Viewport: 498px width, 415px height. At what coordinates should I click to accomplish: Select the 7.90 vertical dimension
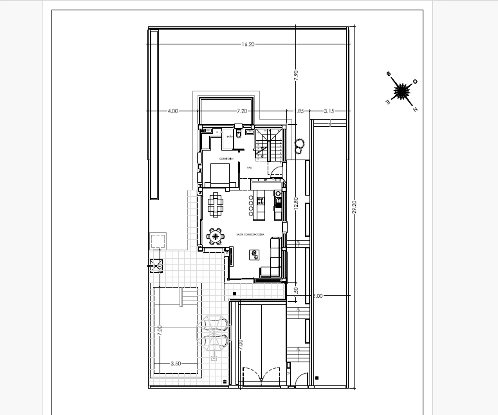tap(296, 74)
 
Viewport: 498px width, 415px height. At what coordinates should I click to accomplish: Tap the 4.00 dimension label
tap(172, 111)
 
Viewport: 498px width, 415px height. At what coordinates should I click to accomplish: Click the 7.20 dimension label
tap(242, 111)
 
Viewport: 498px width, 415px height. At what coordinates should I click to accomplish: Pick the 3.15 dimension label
tap(329, 111)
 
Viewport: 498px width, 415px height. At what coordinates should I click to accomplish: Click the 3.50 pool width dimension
tap(175, 364)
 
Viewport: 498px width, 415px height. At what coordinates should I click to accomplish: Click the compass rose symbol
tap(402, 92)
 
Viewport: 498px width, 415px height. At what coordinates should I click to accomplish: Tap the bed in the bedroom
tap(219, 174)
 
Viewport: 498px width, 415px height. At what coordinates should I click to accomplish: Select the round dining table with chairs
tap(215, 237)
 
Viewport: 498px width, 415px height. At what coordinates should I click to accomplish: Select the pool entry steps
tap(189, 298)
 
